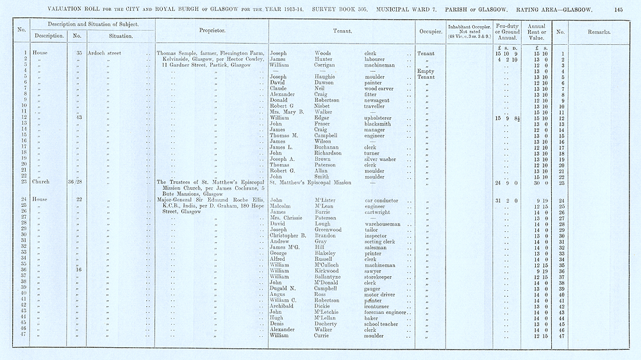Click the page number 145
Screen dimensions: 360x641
click(x=618, y=10)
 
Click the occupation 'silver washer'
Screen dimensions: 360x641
click(x=383, y=159)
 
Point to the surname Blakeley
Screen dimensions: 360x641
click(x=327, y=253)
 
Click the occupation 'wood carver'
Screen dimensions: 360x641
click(x=380, y=88)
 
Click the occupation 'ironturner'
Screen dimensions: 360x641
click(x=379, y=306)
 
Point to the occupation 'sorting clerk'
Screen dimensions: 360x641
click(x=382, y=241)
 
